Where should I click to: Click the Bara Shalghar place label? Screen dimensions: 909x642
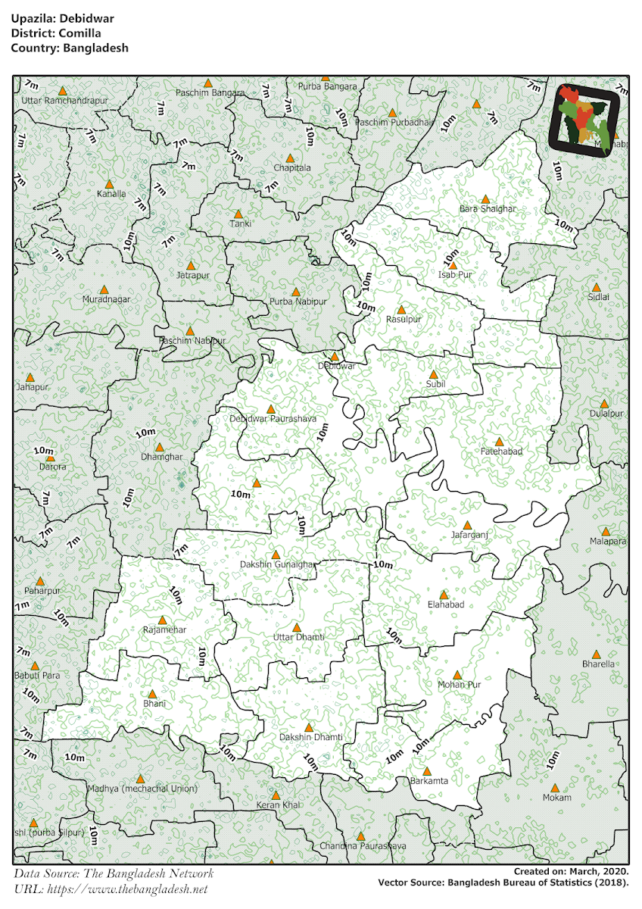tap(488, 209)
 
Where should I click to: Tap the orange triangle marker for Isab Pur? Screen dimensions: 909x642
tap(453, 265)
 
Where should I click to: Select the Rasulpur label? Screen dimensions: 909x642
tap(404, 320)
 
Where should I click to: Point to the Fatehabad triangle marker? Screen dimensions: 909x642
tap(499, 442)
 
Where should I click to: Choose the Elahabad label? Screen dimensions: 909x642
tap(445, 604)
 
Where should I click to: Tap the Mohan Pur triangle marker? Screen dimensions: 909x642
tap(457, 675)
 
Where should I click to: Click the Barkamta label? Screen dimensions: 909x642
tap(429, 780)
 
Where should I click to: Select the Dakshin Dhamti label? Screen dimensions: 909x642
tap(310, 737)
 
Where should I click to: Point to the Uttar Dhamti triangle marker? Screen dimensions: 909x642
tap(297, 628)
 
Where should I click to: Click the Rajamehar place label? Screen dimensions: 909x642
tap(164, 629)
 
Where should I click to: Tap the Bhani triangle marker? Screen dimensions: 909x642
tap(151, 694)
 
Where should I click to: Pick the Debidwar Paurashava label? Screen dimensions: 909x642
tap(270, 418)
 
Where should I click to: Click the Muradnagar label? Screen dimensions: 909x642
tap(106, 300)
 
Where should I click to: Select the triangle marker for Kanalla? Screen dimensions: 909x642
tap(109, 184)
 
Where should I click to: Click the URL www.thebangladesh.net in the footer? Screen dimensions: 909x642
tap(127, 889)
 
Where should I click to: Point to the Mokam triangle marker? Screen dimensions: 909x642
tap(555, 789)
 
